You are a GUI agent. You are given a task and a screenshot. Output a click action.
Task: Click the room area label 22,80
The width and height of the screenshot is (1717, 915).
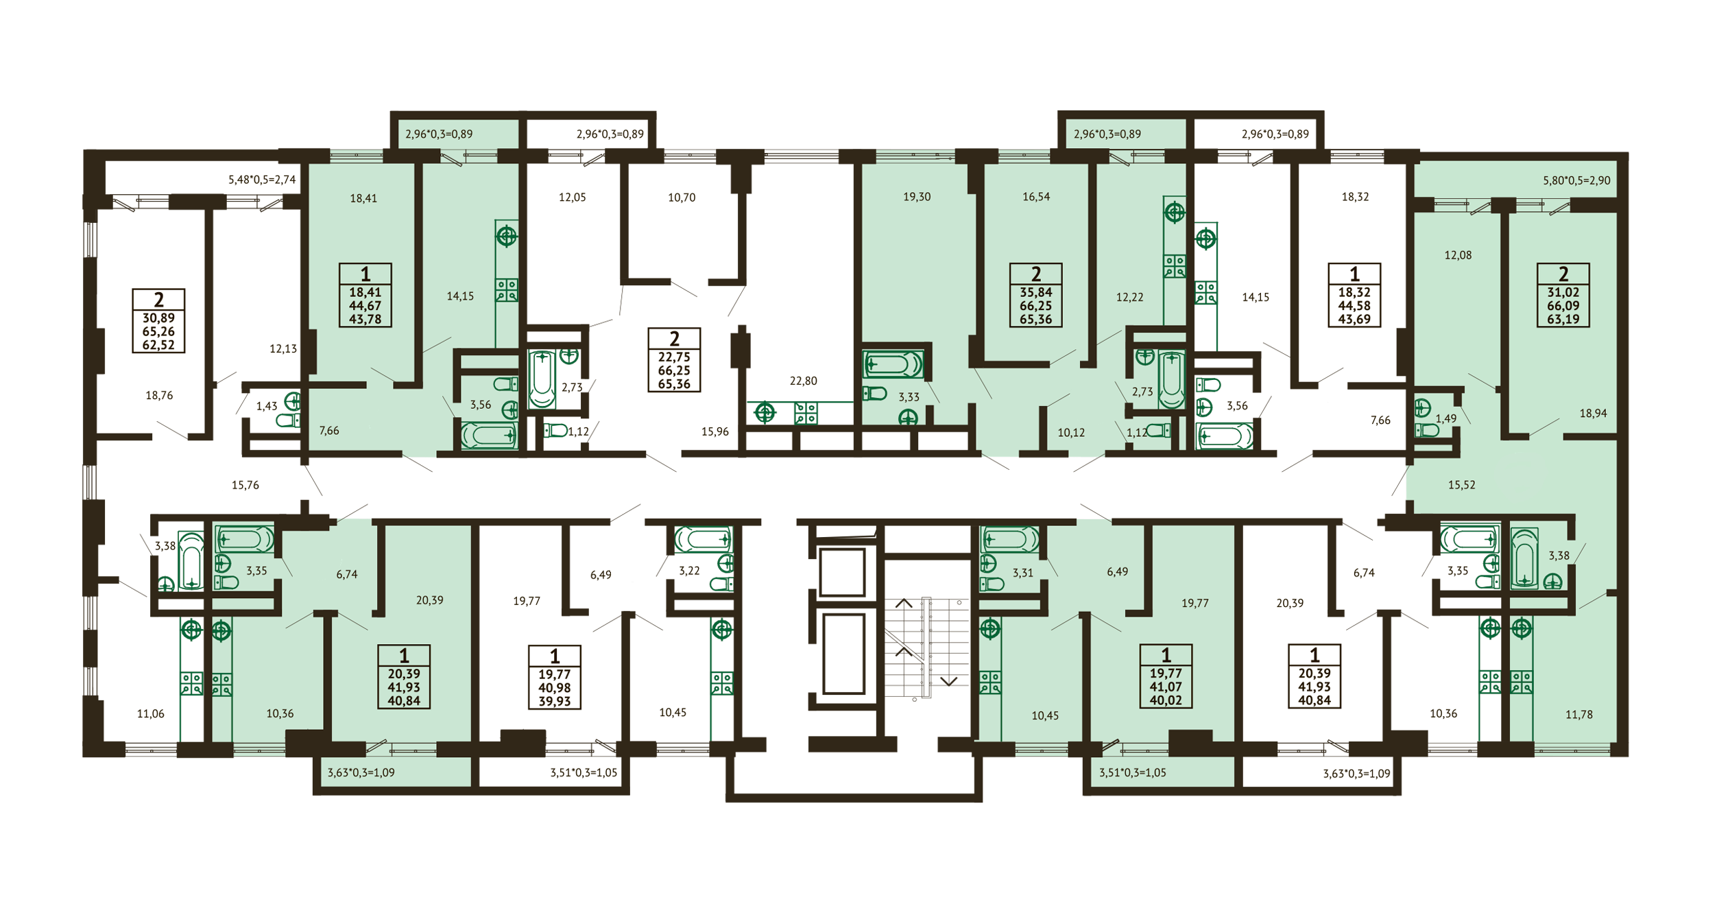click(803, 381)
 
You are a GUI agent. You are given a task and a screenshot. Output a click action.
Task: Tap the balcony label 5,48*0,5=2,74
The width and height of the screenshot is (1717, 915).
click(262, 180)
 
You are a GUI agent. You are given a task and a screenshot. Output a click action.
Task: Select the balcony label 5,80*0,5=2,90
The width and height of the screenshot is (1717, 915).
click(1576, 180)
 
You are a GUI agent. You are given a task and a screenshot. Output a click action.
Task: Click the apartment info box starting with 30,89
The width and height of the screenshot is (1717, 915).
click(158, 320)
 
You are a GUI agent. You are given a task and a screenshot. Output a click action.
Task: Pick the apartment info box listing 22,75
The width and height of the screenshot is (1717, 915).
click(674, 359)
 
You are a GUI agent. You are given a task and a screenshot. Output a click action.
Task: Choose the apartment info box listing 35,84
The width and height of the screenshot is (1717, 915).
click(1035, 295)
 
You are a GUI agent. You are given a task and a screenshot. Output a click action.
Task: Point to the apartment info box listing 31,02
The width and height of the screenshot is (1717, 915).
click(1563, 295)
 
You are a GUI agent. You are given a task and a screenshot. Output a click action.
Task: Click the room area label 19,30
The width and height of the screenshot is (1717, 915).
click(917, 197)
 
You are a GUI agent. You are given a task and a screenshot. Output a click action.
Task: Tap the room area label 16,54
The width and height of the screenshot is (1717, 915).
click(1036, 197)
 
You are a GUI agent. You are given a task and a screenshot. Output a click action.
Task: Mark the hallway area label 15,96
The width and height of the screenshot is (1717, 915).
click(715, 431)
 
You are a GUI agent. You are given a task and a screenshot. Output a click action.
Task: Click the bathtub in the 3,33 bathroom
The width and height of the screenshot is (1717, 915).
click(893, 364)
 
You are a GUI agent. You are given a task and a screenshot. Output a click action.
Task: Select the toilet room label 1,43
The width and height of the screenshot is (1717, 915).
click(267, 406)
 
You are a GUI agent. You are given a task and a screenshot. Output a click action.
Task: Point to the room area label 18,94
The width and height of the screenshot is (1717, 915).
click(1593, 413)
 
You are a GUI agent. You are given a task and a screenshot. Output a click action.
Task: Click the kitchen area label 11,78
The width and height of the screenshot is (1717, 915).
click(1578, 714)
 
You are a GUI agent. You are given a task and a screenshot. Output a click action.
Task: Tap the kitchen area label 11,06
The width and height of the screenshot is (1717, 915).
click(150, 713)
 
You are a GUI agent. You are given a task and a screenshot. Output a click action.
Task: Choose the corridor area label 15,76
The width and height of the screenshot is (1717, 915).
click(245, 485)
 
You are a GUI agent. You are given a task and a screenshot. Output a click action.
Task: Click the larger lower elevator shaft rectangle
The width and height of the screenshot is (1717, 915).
click(843, 654)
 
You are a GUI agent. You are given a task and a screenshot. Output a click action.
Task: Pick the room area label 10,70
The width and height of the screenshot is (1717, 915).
click(682, 198)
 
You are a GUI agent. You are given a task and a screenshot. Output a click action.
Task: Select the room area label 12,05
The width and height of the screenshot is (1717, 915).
click(572, 198)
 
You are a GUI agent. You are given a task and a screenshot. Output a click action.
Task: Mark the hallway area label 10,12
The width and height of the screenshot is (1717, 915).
click(1070, 432)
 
